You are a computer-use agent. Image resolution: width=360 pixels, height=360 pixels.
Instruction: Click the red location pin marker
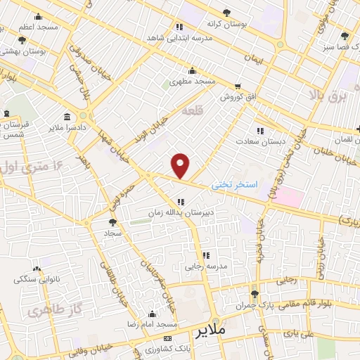tap(181, 165)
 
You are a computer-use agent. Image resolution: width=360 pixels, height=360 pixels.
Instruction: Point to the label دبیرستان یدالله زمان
tap(179, 211)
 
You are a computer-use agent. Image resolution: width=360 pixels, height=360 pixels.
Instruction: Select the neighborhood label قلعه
tap(191, 111)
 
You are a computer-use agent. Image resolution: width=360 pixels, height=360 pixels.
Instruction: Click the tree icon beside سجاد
tap(112, 222)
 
